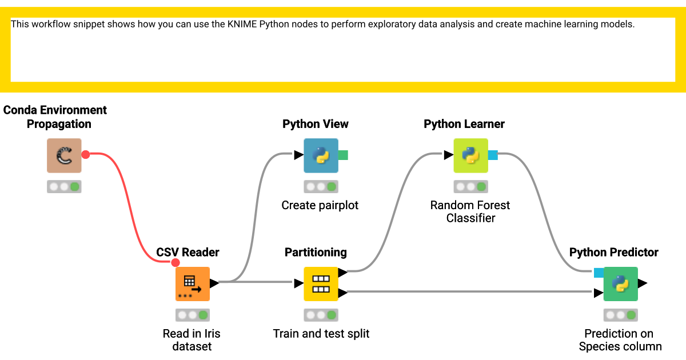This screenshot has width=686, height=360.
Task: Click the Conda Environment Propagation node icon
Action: pos(64,155)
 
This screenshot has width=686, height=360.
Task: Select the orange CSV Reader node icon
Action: pos(192,283)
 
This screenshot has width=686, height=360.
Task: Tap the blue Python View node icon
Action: pos(321,155)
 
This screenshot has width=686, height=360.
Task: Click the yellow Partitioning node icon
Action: pos(321,283)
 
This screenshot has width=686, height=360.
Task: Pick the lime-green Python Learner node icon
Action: pos(470,155)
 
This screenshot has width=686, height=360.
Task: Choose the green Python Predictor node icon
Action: pos(620,283)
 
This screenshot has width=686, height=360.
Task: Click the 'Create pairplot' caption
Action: pos(320,205)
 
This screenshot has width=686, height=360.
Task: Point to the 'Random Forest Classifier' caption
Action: pos(470,211)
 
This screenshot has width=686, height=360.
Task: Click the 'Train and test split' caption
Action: pos(321,334)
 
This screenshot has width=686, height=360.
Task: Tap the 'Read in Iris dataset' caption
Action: pos(192,340)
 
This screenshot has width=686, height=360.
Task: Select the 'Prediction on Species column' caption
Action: pos(620,340)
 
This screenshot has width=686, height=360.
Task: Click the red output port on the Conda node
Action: pos(86,154)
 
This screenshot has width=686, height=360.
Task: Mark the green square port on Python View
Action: pos(343,155)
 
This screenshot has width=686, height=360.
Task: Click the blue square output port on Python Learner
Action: pos(493,155)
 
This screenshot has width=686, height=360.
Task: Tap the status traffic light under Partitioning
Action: pos(321,315)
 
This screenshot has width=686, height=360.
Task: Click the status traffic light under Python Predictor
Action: pos(620,315)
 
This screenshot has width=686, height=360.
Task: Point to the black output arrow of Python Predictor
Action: pos(643,283)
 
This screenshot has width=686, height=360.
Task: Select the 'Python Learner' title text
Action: pos(464,124)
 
